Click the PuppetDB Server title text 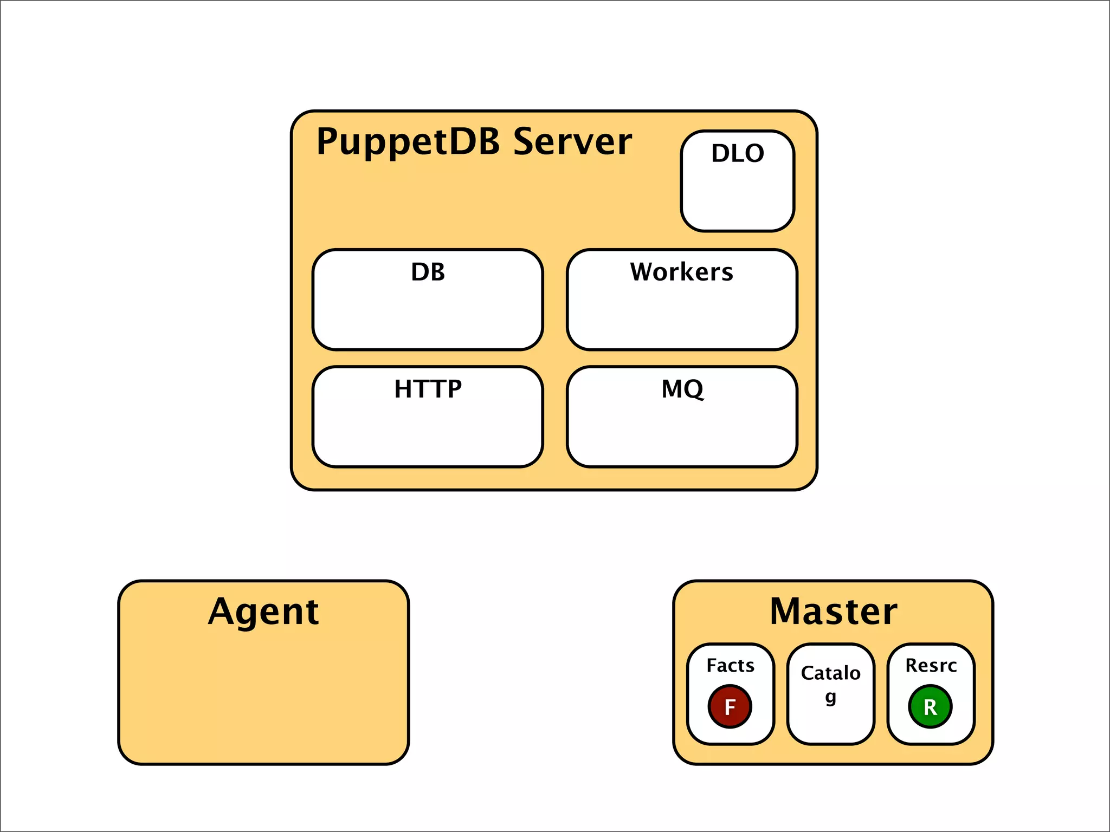[474, 142]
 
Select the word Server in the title [572, 142]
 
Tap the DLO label [738, 153]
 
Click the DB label [428, 272]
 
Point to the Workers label [681, 272]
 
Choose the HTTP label [428, 389]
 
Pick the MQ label [682, 389]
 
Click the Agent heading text [263, 612]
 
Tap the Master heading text [833, 612]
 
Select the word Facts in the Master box [730, 665]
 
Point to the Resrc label [931, 665]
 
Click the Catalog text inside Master [830, 673]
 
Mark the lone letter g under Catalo [830, 697]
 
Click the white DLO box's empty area [738, 198]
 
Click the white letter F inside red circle [730, 707]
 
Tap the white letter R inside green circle [930, 707]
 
